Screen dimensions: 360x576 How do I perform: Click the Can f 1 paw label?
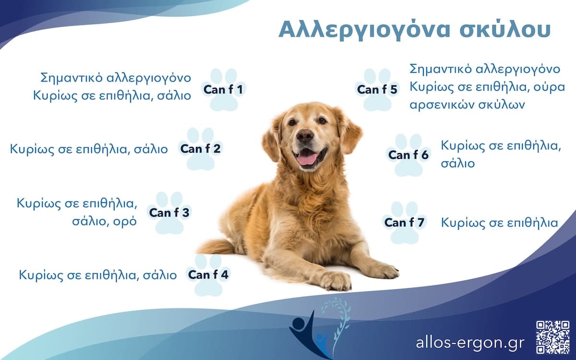[x=224, y=90]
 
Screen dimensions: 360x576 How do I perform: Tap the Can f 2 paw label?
[x=200, y=149]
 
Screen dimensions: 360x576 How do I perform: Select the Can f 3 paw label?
[x=169, y=213]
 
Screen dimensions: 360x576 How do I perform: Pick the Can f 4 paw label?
[x=208, y=275]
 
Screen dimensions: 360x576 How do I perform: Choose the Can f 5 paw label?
[x=377, y=90]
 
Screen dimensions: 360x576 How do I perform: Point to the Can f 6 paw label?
[x=408, y=155]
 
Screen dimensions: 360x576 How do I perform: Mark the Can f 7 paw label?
[x=404, y=223]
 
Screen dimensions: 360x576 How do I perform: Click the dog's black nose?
[x=305, y=136]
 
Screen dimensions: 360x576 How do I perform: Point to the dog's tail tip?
[x=202, y=249]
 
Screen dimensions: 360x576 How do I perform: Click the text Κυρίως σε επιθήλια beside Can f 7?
[x=499, y=223]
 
